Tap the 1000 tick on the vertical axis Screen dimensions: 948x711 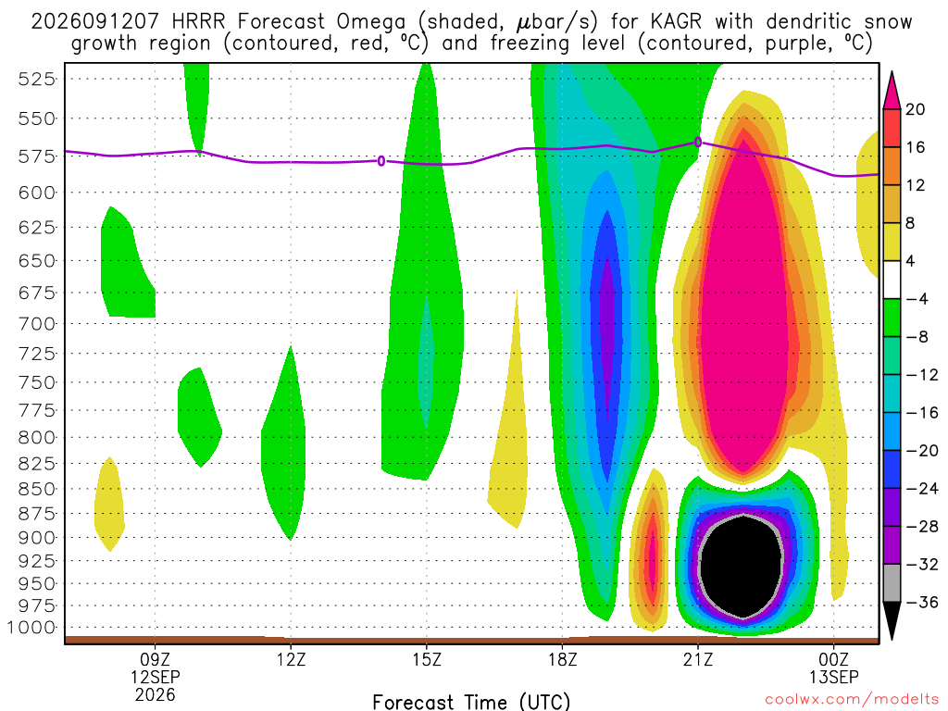(31, 628)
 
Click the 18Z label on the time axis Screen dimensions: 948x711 (563, 659)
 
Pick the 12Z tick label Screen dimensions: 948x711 (292, 659)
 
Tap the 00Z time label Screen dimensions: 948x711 (834, 659)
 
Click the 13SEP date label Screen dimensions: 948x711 (834, 677)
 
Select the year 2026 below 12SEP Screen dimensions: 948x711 (156, 695)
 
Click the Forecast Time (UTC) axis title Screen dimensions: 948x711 (471, 702)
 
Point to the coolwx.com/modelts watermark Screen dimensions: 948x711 (852, 700)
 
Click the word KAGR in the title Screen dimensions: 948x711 (676, 22)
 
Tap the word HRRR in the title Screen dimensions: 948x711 (198, 22)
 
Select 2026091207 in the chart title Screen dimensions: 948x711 (95, 22)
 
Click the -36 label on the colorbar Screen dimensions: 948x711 (921, 602)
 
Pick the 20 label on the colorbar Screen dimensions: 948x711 (916, 109)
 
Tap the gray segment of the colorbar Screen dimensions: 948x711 (892, 583)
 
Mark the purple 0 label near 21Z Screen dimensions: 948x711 (698, 142)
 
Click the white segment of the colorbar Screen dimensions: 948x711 (892, 280)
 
